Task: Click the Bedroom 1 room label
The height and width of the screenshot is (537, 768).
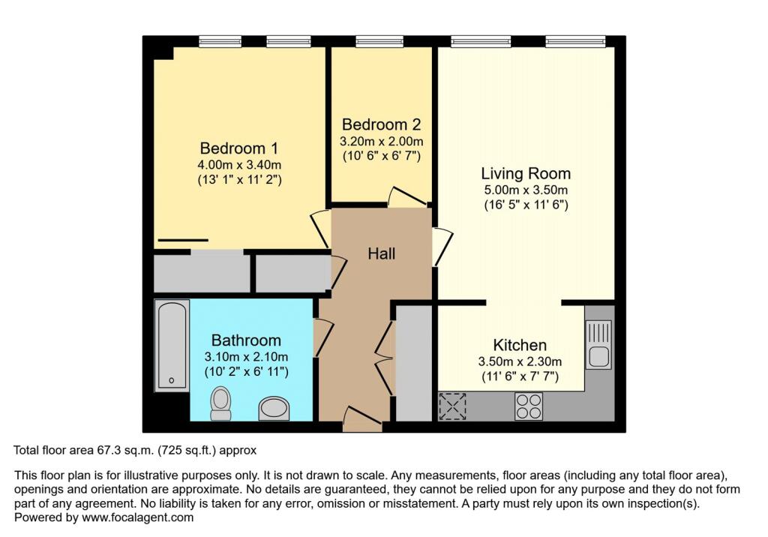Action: pos(239,148)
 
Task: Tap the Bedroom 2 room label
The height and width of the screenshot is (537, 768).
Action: pos(381,124)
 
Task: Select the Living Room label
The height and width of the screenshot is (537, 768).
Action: pos(526,173)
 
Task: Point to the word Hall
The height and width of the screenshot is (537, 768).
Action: pos(382,253)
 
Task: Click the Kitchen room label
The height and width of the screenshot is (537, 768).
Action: pos(520,345)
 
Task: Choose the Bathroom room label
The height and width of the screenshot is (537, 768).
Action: pos(246,340)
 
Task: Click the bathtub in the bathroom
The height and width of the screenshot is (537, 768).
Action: pos(172,346)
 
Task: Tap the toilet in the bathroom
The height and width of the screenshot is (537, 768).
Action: pos(220,403)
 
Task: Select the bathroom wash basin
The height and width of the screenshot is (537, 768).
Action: pos(274,409)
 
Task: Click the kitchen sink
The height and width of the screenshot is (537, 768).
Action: pos(598,344)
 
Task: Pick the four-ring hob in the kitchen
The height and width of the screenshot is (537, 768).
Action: pos(529,406)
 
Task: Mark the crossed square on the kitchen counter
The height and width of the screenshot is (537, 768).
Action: pos(452,406)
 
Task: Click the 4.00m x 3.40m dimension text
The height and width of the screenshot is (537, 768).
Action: pos(239,165)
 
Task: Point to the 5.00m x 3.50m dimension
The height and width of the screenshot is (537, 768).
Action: pos(526,190)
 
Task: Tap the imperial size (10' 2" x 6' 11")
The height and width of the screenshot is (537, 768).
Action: pos(246,372)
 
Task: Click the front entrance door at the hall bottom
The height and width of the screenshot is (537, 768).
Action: pos(362,419)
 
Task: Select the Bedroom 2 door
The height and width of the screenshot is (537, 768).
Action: pos(407,197)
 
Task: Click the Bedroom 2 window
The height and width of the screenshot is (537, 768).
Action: pos(379,42)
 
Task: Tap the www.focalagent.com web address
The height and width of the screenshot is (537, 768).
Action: pos(138,517)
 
